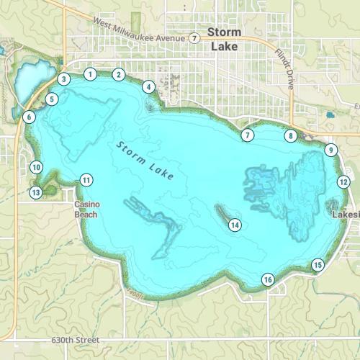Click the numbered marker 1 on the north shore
[x=90, y=73]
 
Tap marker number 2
[x=119, y=74]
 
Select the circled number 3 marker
[x=64, y=79]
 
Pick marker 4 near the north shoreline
[x=149, y=87]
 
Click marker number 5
[x=52, y=99]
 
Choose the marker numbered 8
[x=290, y=135]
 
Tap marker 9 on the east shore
[x=330, y=150]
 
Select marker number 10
[x=36, y=167]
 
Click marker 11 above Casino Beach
[x=86, y=180]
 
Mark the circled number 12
[x=343, y=182]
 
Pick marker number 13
[x=36, y=192]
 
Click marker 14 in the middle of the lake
[x=234, y=225]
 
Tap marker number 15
[x=318, y=265]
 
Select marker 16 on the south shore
[x=268, y=279]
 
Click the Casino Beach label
[x=86, y=209]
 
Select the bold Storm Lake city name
[x=224, y=39]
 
